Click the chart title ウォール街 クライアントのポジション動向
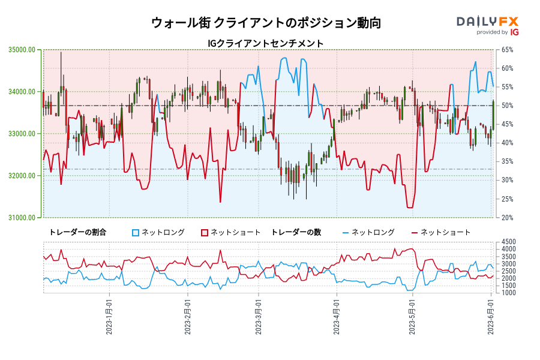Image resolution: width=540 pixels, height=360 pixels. (x=266, y=23)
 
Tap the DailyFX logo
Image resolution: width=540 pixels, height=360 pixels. (x=488, y=25)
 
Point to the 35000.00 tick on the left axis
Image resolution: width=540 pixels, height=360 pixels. (x=21, y=50)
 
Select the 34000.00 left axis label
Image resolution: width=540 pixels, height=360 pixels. (x=21, y=92)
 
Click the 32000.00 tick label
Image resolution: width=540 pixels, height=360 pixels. (x=21, y=176)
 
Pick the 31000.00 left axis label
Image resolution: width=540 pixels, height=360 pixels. (x=21, y=218)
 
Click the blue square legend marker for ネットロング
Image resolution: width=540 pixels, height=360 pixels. (x=136, y=232)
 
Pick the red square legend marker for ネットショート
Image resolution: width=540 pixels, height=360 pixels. (x=205, y=232)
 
